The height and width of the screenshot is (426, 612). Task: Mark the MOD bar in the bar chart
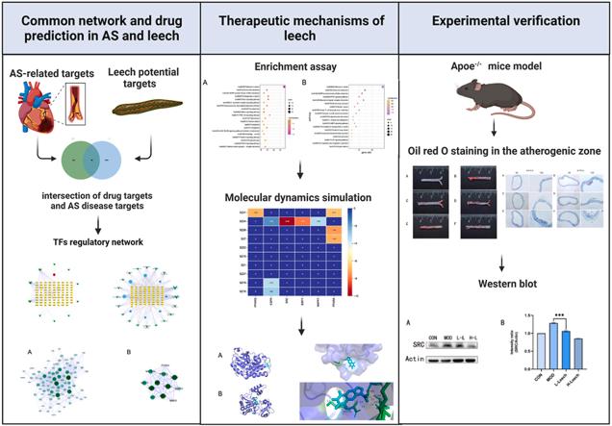552,341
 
